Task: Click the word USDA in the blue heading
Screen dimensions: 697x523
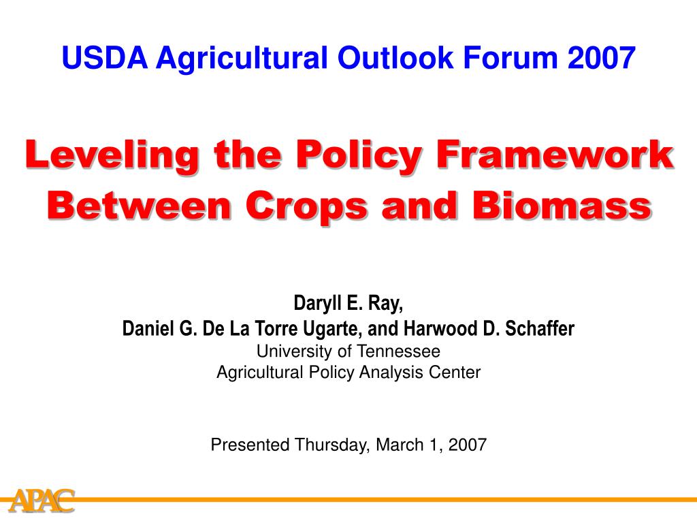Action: [105, 58]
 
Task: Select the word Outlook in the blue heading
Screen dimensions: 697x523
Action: [395, 58]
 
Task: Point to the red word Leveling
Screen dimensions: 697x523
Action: [112, 156]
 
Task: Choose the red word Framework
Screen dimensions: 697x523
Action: [555, 155]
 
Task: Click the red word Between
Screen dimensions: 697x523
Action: [140, 205]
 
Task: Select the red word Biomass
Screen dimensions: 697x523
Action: [562, 205]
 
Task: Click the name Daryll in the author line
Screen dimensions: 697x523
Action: [317, 304]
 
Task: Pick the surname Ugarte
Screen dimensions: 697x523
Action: [331, 329]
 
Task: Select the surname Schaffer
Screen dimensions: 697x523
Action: [540, 329]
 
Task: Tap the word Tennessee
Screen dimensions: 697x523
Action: [399, 351]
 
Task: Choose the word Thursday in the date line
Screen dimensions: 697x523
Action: [331, 445]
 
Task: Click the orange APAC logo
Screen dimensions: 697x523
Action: [42, 501]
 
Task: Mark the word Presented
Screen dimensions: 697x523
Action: [250, 444]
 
